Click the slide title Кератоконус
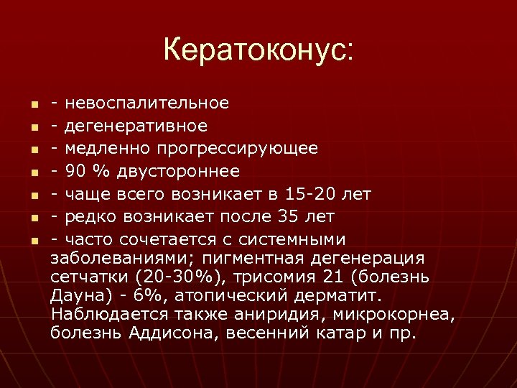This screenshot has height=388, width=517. (x=258, y=50)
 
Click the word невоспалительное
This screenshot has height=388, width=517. (x=147, y=103)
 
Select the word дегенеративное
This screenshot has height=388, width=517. (x=136, y=126)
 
